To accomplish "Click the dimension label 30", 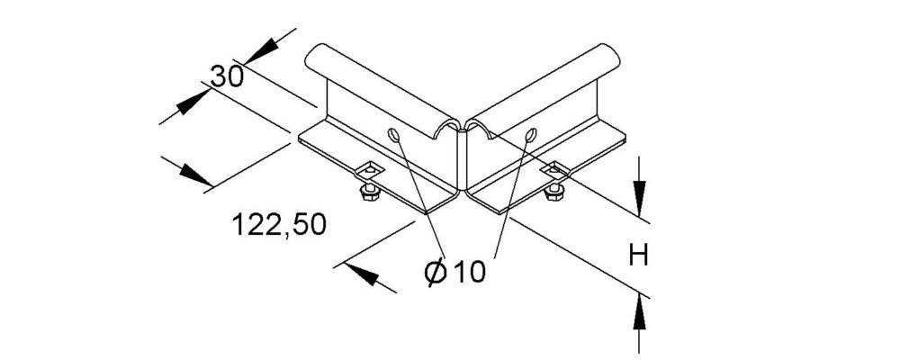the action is tap(227, 76).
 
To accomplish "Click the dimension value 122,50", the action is tap(280, 224).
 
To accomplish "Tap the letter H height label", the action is tap(638, 255).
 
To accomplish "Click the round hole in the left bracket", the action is tap(394, 134).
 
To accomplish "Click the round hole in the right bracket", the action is tap(530, 134).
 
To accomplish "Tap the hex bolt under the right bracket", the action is tap(553, 191).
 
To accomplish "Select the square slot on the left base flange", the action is tap(368, 169).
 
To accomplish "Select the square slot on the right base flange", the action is tap(553, 169).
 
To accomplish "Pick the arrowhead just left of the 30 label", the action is tap(193, 102).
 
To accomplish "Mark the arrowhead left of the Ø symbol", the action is tap(363, 276).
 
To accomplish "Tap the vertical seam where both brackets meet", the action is tap(463, 161).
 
